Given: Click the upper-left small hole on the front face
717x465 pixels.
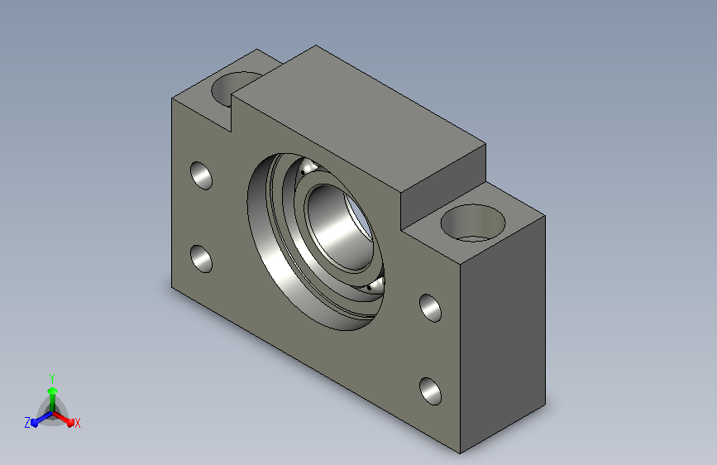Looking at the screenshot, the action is [201, 175].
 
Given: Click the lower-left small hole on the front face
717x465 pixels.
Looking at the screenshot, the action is [201, 259].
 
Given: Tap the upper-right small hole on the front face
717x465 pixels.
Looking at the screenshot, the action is [430, 308].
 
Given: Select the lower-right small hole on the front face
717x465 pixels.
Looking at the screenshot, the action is [430, 391].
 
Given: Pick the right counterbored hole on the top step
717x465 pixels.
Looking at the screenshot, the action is [473, 223].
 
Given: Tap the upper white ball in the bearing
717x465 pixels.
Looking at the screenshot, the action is [308, 166].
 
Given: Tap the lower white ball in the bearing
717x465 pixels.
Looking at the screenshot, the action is [375, 285].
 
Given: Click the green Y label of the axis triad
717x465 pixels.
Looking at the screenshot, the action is [52, 379].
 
